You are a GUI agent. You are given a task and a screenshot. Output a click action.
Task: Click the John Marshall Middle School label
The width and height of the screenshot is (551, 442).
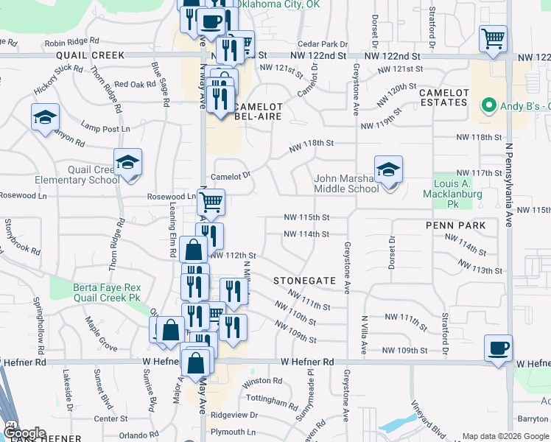click(347, 183)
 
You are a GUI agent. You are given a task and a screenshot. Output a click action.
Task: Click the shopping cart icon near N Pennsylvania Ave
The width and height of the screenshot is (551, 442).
click(493, 38)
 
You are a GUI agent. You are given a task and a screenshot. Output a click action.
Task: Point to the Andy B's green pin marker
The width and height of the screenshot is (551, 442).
click(486, 105)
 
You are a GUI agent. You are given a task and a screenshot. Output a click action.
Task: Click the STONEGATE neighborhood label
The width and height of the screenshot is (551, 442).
click(304, 281)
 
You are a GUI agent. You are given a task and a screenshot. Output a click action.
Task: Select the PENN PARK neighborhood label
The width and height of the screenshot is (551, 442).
click(455, 225)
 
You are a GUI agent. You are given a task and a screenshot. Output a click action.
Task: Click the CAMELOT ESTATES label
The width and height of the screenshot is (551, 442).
click(443, 97)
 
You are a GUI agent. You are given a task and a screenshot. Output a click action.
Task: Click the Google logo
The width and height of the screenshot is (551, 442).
click(24, 433)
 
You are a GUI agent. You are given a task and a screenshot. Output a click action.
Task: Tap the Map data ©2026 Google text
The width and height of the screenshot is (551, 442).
click(505, 436)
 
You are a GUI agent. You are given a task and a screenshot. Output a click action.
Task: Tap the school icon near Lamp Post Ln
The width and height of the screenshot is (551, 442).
click(45, 118)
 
